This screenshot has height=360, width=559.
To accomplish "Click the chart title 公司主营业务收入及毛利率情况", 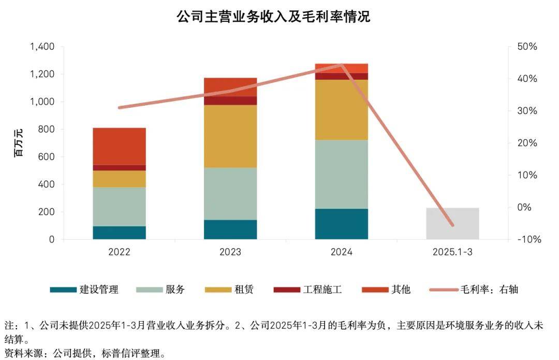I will (x=273, y=17).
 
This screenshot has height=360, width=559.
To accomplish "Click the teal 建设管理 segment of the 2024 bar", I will (x=341, y=224).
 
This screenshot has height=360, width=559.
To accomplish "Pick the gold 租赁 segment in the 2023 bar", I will (x=230, y=136).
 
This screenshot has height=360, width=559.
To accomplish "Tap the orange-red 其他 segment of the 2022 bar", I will (x=120, y=146).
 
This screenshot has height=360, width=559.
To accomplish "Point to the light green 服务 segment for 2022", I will (x=120, y=206).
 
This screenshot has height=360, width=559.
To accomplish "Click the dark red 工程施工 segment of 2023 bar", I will (x=230, y=100).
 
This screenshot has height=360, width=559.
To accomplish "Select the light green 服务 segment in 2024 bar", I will (x=341, y=174).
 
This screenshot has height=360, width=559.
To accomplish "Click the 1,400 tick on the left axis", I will (x=42, y=47).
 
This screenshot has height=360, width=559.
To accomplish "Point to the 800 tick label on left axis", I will (x=47, y=129).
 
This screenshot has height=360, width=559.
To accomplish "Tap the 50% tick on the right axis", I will (x=527, y=47).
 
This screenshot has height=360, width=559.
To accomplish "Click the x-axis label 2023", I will (x=230, y=252).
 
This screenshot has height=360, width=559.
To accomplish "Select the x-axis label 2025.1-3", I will (x=452, y=252).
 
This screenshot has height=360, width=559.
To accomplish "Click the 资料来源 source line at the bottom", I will (x=85, y=354).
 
